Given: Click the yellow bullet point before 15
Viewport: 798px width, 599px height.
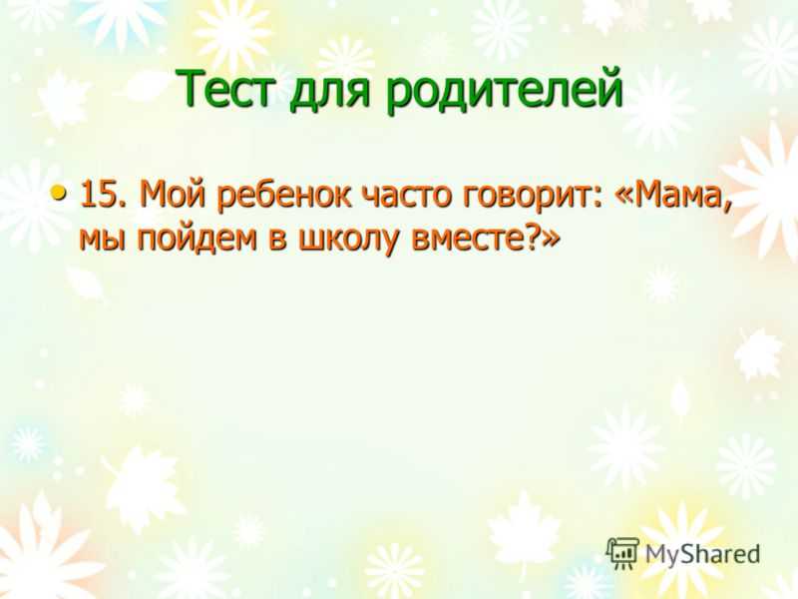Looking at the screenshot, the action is pos(59,193).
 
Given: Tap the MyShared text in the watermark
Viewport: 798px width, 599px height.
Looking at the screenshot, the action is pos(703,554).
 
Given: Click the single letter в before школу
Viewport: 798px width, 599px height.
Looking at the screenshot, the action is pos(278,240).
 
